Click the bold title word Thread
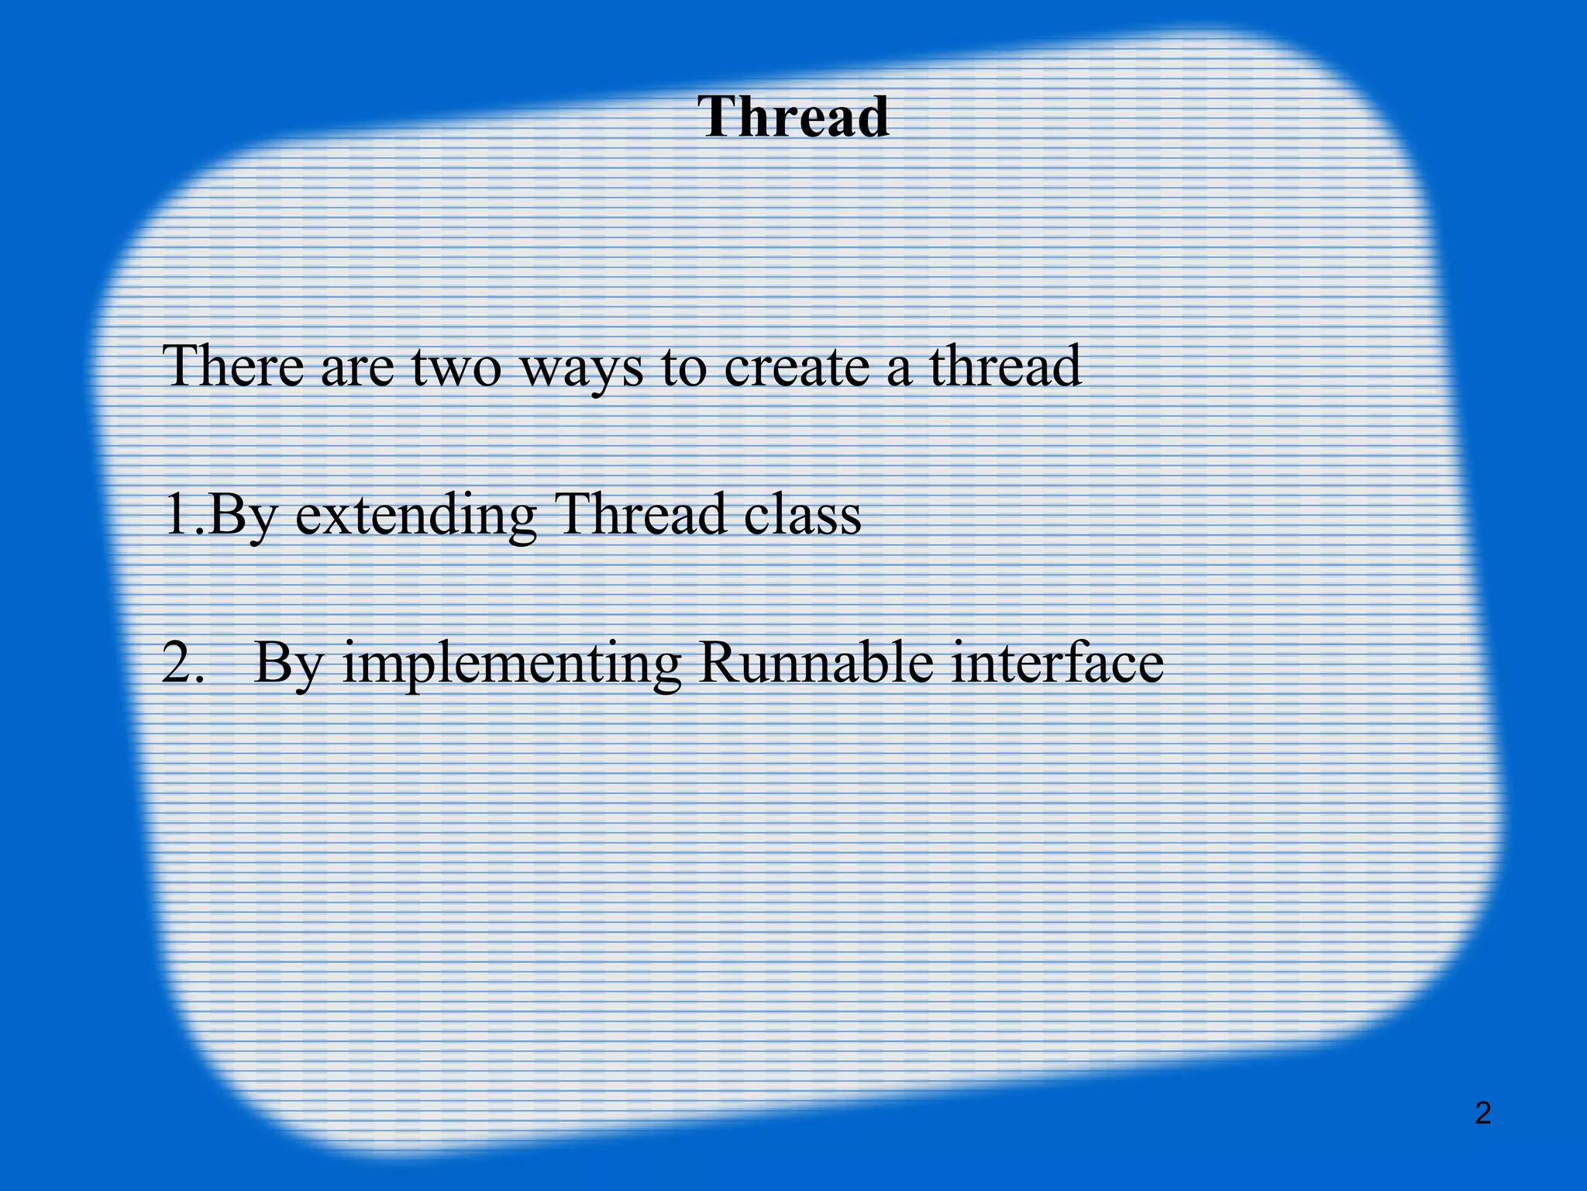point(793,117)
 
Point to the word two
point(456,368)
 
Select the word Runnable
point(815,663)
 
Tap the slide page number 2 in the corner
point(1482,1113)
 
